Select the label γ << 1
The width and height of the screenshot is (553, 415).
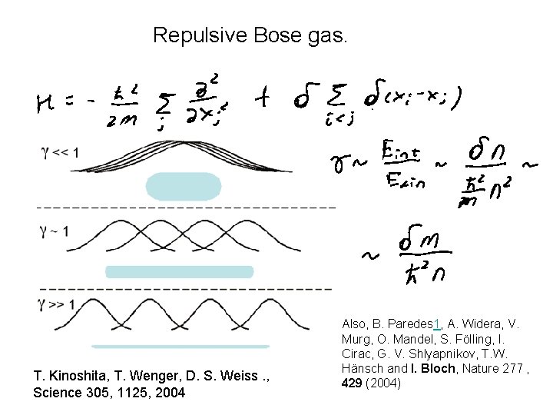(x=59, y=152)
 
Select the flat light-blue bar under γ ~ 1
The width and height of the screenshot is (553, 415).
(x=179, y=271)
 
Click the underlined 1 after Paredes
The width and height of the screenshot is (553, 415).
(x=436, y=324)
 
